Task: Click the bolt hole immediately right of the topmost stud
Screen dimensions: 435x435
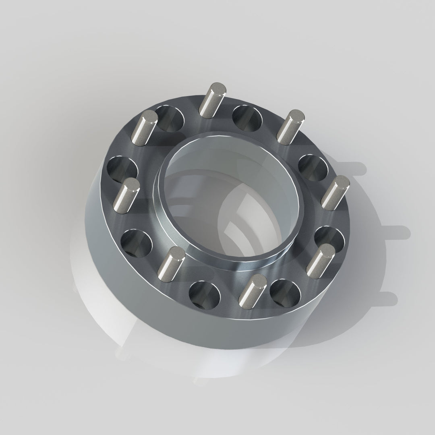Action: (x=247, y=118)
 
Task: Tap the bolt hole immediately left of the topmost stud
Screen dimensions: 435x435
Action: (x=169, y=118)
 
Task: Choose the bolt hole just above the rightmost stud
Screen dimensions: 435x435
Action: (x=313, y=167)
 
